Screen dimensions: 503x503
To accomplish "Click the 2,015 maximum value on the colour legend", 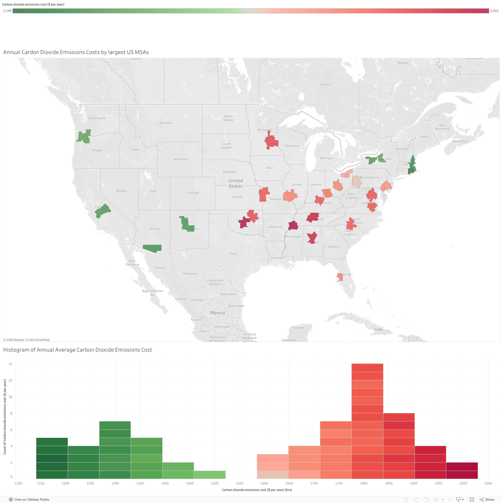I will click(x=494, y=11).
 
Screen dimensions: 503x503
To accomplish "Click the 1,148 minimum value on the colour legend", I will click(x=7, y=11).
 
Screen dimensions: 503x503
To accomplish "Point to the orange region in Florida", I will click(x=340, y=277).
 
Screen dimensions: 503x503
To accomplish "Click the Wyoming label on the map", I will click(x=180, y=159).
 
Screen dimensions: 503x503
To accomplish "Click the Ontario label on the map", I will click(x=325, y=85).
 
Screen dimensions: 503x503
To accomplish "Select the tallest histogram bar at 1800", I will click(x=367, y=422).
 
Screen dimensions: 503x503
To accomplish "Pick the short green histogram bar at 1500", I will click(x=210, y=475).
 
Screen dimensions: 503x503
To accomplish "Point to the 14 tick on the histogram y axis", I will click(x=10, y=364).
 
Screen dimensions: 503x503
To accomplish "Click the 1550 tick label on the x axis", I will click(x=240, y=483).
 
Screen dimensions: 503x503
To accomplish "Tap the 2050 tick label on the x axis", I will click(x=488, y=483).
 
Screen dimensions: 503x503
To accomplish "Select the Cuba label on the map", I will click(x=378, y=329).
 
